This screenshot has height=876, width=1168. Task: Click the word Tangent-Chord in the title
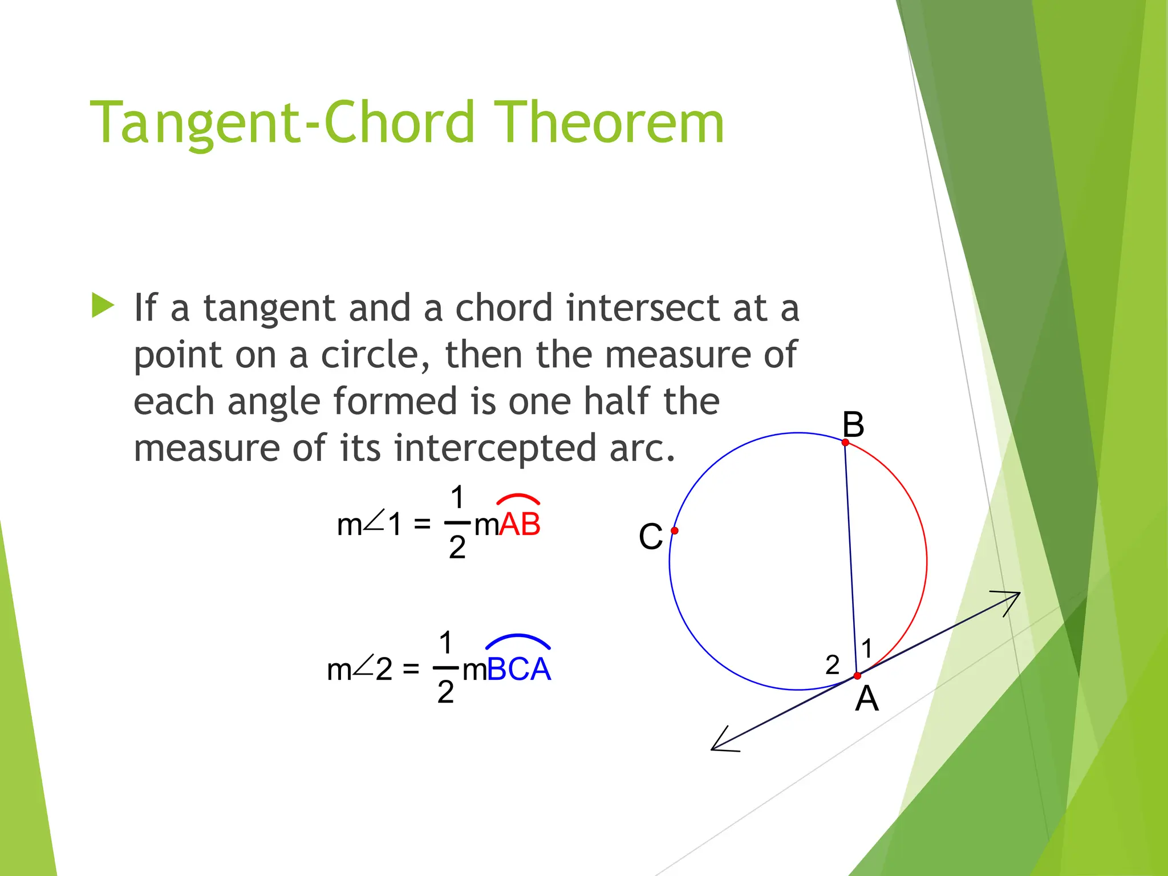click(282, 123)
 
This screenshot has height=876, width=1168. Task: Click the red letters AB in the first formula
click(520, 524)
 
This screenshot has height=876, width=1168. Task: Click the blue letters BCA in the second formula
click(519, 670)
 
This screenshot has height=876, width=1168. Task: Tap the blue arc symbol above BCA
click(518, 640)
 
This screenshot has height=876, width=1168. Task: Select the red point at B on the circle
click(845, 443)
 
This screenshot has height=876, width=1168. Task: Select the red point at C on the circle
click(675, 531)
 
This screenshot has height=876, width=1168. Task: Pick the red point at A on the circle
click(857, 676)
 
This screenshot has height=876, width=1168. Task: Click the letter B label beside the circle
click(853, 424)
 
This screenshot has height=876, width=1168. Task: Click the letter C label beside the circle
click(651, 537)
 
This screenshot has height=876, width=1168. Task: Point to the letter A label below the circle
click(867, 699)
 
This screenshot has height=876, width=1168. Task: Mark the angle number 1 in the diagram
click(867, 648)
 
